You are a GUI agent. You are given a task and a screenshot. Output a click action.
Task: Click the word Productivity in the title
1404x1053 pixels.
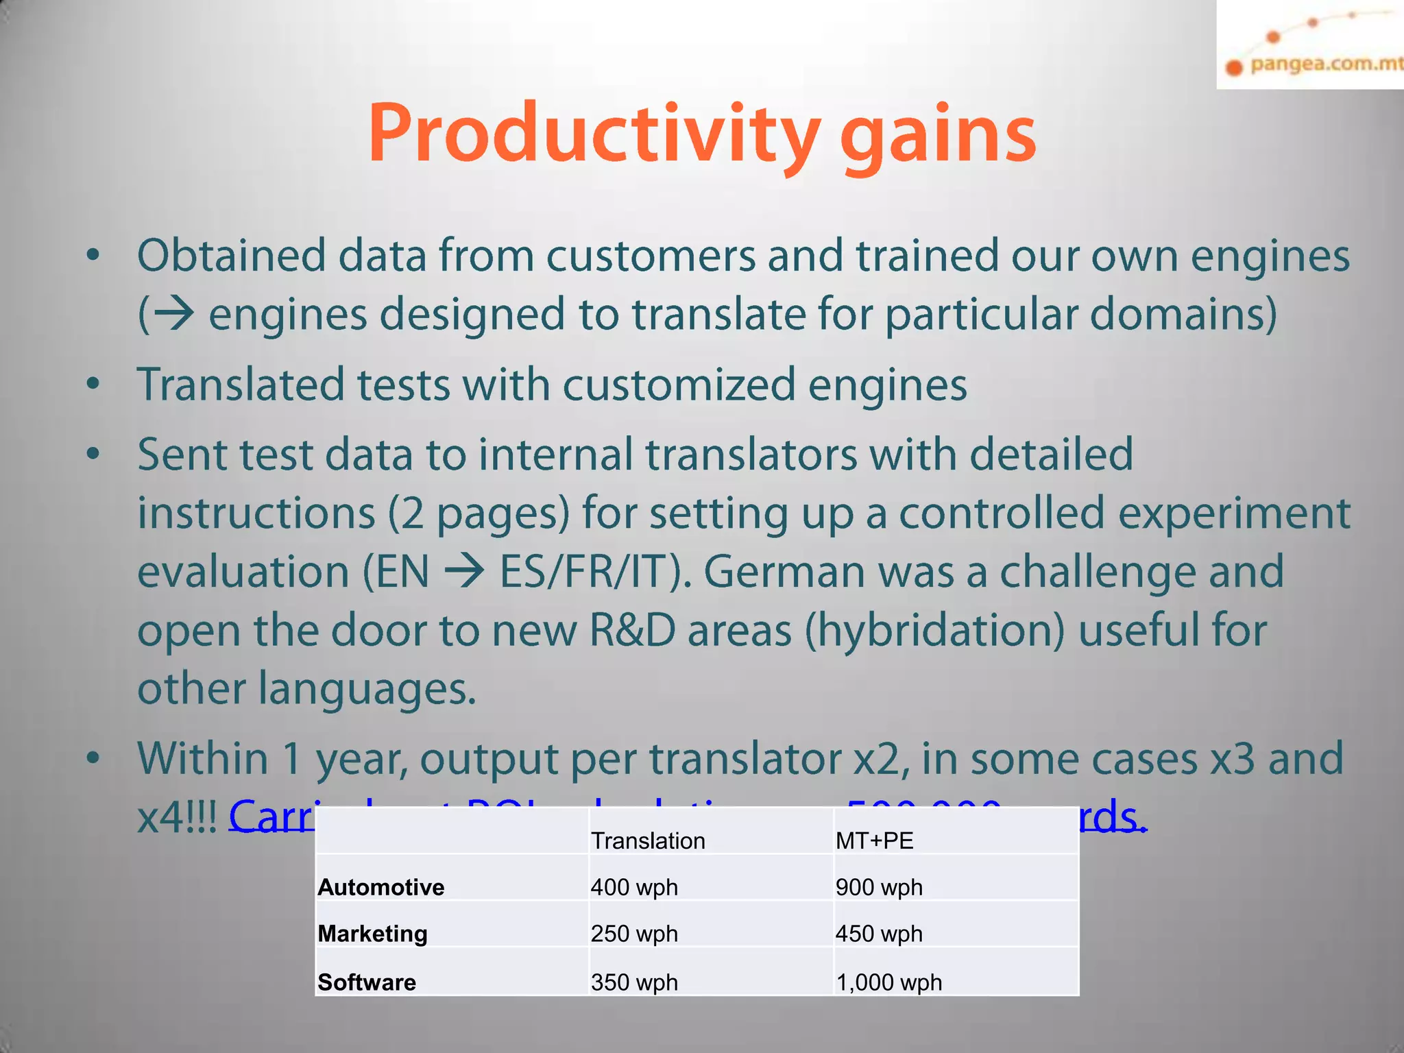(x=594, y=134)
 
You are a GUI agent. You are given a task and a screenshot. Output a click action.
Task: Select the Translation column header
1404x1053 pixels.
(x=648, y=840)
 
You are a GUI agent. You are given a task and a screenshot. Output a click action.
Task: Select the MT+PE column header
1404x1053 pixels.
(x=874, y=840)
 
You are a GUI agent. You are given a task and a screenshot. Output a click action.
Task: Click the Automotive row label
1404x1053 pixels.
(x=381, y=887)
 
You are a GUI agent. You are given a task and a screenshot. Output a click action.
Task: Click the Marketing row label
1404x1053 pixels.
(x=373, y=934)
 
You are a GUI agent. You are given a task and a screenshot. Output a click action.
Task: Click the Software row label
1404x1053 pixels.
(x=367, y=982)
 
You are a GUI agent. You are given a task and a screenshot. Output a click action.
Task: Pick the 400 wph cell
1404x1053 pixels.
(x=634, y=887)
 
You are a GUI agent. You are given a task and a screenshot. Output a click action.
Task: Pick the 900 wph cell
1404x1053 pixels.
(x=879, y=887)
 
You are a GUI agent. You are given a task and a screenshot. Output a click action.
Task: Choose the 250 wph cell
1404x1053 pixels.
(x=634, y=934)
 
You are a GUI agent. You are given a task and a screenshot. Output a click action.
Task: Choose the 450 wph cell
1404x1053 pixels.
(x=879, y=934)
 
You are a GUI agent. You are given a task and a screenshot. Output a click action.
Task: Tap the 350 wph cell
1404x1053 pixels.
(x=634, y=982)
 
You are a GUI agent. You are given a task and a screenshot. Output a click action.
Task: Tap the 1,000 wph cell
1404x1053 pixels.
(x=888, y=982)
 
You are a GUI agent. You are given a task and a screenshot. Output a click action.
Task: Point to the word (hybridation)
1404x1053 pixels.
(x=934, y=631)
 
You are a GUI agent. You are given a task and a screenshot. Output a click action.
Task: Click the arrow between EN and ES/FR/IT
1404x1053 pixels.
(x=464, y=572)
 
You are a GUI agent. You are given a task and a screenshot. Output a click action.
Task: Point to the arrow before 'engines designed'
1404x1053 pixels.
(x=173, y=315)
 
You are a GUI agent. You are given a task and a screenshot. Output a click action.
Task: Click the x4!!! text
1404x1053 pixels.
(x=177, y=817)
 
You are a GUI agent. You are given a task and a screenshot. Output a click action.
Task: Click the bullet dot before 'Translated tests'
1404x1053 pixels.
(x=93, y=383)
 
